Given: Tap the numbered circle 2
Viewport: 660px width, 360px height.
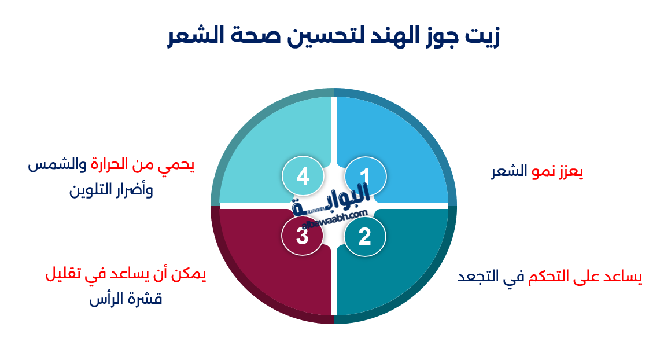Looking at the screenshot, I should (x=364, y=236).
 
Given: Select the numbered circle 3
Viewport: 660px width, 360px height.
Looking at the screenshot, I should (x=302, y=236).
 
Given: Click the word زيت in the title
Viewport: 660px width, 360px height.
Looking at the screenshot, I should (x=483, y=36).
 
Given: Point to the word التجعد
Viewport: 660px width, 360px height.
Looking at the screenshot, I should (x=478, y=276).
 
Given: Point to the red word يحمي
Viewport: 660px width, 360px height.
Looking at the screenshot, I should (x=177, y=164).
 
